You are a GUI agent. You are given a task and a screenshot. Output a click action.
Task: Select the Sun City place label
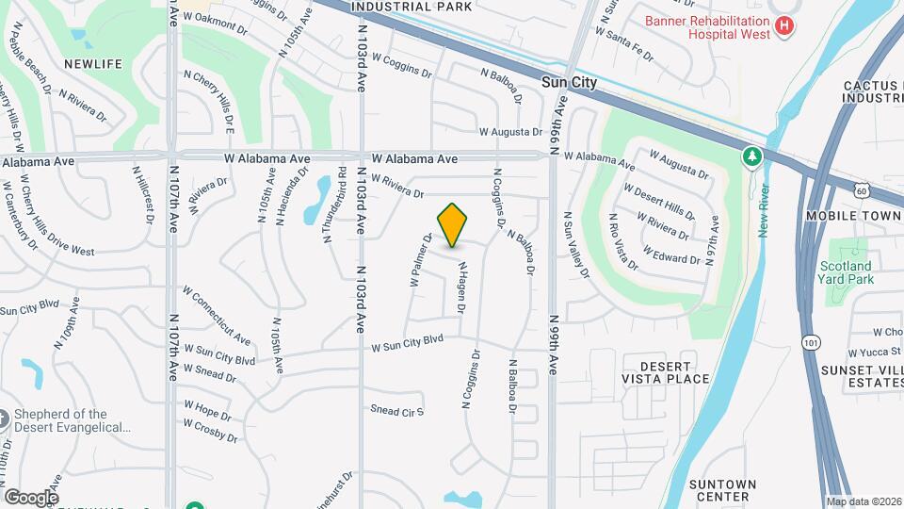pyautogui.click(x=570, y=83)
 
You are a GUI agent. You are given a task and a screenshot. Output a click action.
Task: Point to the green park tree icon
pyautogui.click(x=751, y=156)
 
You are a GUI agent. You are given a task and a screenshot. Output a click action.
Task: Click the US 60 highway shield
pyautogui.click(x=864, y=191)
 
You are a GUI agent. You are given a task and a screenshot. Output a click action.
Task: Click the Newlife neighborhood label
pyautogui.click(x=93, y=63)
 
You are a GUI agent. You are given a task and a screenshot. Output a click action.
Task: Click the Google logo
pyautogui.click(x=31, y=497)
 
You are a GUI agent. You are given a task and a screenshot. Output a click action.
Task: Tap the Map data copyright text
pyautogui.click(x=863, y=501)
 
